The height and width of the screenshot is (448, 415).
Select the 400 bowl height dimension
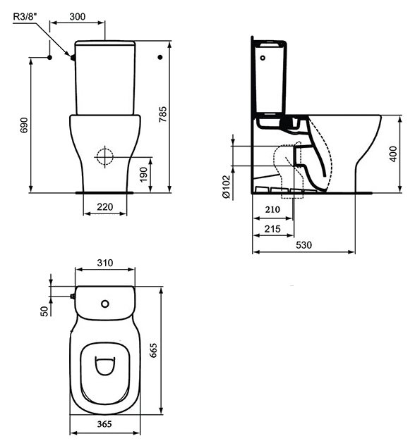(x=392, y=153)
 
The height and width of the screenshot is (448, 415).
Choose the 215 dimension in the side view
(x=272, y=230)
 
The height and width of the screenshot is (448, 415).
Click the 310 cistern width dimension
(x=105, y=263)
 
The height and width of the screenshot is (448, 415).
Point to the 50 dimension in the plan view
(x=44, y=310)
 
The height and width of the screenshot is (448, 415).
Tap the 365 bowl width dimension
(x=105, y=425)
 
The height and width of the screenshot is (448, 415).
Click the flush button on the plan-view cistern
(x=105, y=304)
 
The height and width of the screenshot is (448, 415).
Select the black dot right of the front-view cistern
(x=160, y=56)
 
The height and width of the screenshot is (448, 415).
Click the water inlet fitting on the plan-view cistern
(x=72, y=297)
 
